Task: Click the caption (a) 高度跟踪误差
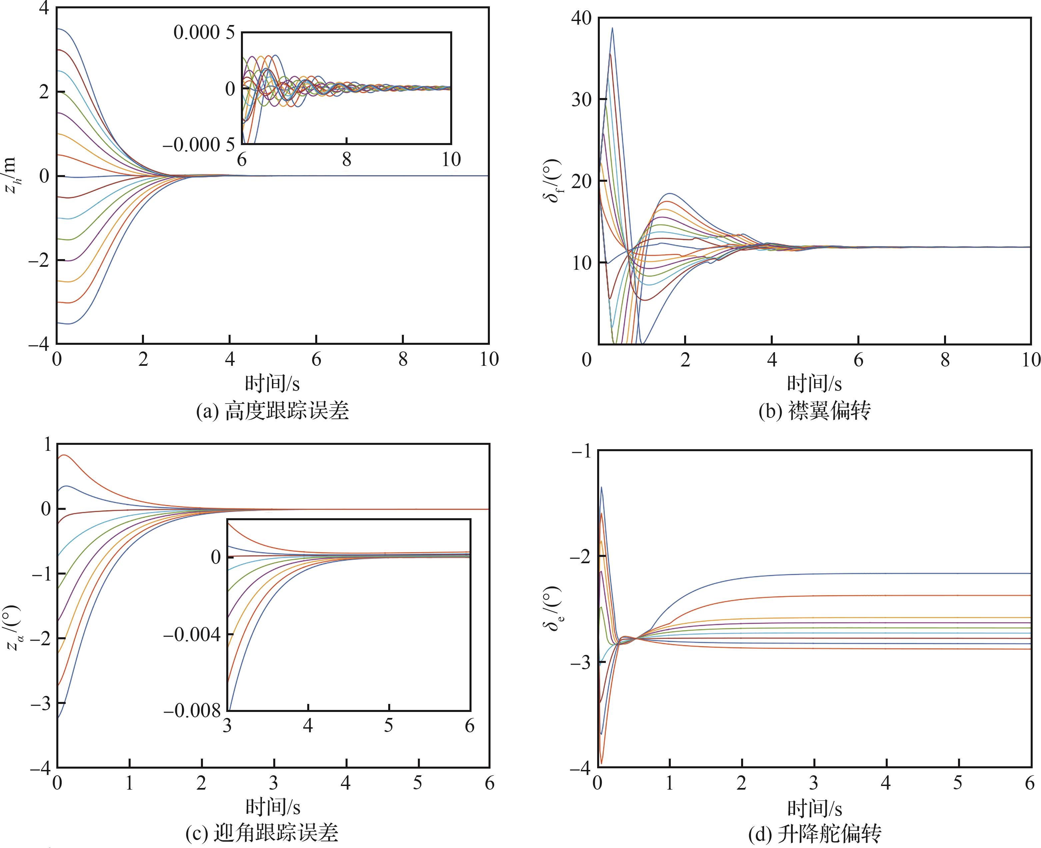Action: tap(272, 411)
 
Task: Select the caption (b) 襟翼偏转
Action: tap(814, 411)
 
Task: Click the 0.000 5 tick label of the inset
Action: tap(204, 33)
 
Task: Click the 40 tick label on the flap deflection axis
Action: tap(581, 18)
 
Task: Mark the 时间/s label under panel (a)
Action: tap(272, 384)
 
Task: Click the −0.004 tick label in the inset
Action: tap(192, 635)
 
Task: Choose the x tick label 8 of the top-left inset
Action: tap(347, 159)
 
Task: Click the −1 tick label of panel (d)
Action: tap(581, 452)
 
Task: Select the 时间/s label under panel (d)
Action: tap(814, 808)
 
